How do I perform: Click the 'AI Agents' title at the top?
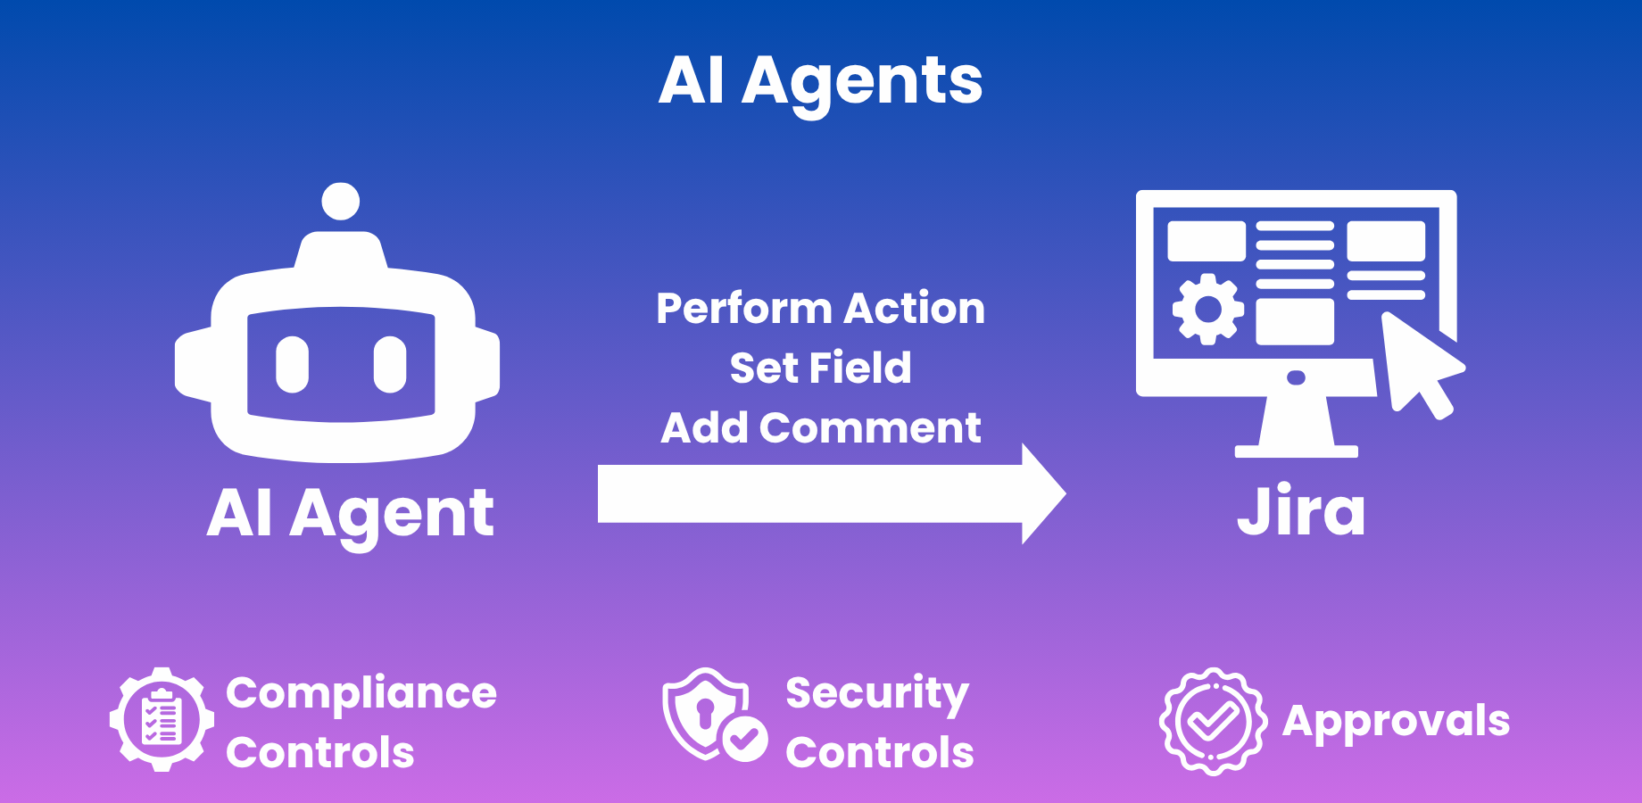[820, 80]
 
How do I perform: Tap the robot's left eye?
[292, 364]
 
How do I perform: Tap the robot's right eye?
[390, 364]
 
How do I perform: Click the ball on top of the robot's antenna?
[340, 202]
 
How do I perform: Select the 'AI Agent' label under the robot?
[350, 515]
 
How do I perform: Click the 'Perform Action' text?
[820, 309]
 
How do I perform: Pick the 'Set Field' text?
[820, 368]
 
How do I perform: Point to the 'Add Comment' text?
[820, 427]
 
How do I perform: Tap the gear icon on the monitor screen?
[1207, 309]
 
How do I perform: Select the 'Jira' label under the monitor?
[1300, 511]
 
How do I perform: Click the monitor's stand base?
[1296, 451]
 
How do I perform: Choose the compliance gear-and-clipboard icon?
[162, 719]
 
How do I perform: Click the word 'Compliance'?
[361, 693]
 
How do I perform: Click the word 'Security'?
[876, 693]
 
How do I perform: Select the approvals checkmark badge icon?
[1213, 721]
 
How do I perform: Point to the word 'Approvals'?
[1396, 721]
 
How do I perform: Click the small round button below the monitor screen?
[1296, 377]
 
